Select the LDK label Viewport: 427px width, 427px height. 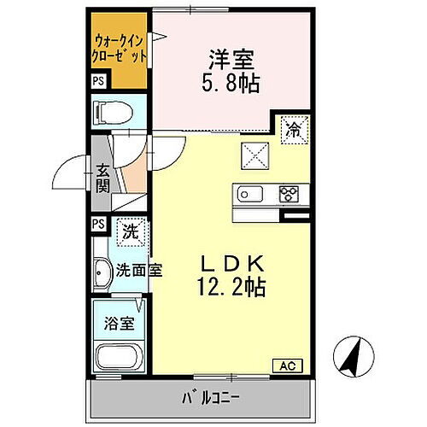point(233,262)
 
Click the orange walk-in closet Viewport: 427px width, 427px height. point(119,48)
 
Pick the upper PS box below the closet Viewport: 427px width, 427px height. point(99,82)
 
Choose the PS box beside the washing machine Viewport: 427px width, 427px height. point(99,225)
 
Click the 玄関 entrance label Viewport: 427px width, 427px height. point(103,177)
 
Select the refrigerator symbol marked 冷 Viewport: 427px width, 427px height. point(292,130)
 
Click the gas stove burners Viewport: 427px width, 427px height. point(288,195)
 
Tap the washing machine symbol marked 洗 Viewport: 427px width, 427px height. point(129,231)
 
